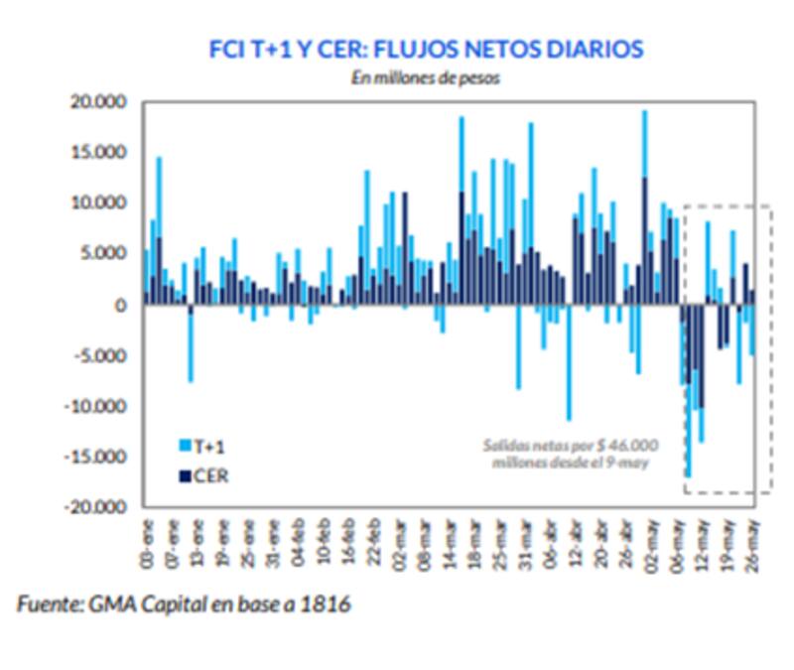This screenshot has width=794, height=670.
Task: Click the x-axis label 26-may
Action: click(753, 541)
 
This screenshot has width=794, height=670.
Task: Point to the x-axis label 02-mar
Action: click(400, 541)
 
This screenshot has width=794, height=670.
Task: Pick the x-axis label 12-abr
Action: click(576, 541)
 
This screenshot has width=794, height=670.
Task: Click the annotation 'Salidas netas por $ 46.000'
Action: click(570, 446)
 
